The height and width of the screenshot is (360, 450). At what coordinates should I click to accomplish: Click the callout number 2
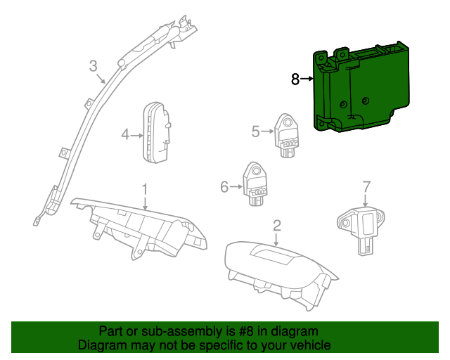(277, 225)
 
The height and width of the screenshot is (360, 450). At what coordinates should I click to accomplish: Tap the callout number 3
(94, 67)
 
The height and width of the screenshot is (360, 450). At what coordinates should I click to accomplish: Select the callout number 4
(125, 134)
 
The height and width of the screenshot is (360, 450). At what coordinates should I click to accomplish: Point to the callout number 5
(256, 130)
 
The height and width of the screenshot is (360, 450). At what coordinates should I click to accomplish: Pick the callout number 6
(224, 186)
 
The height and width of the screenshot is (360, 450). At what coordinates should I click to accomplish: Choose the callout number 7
(366, 186)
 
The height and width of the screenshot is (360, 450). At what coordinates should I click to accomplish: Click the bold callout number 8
(295, 79)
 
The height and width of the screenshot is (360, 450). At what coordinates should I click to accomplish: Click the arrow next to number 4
(138, 134)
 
